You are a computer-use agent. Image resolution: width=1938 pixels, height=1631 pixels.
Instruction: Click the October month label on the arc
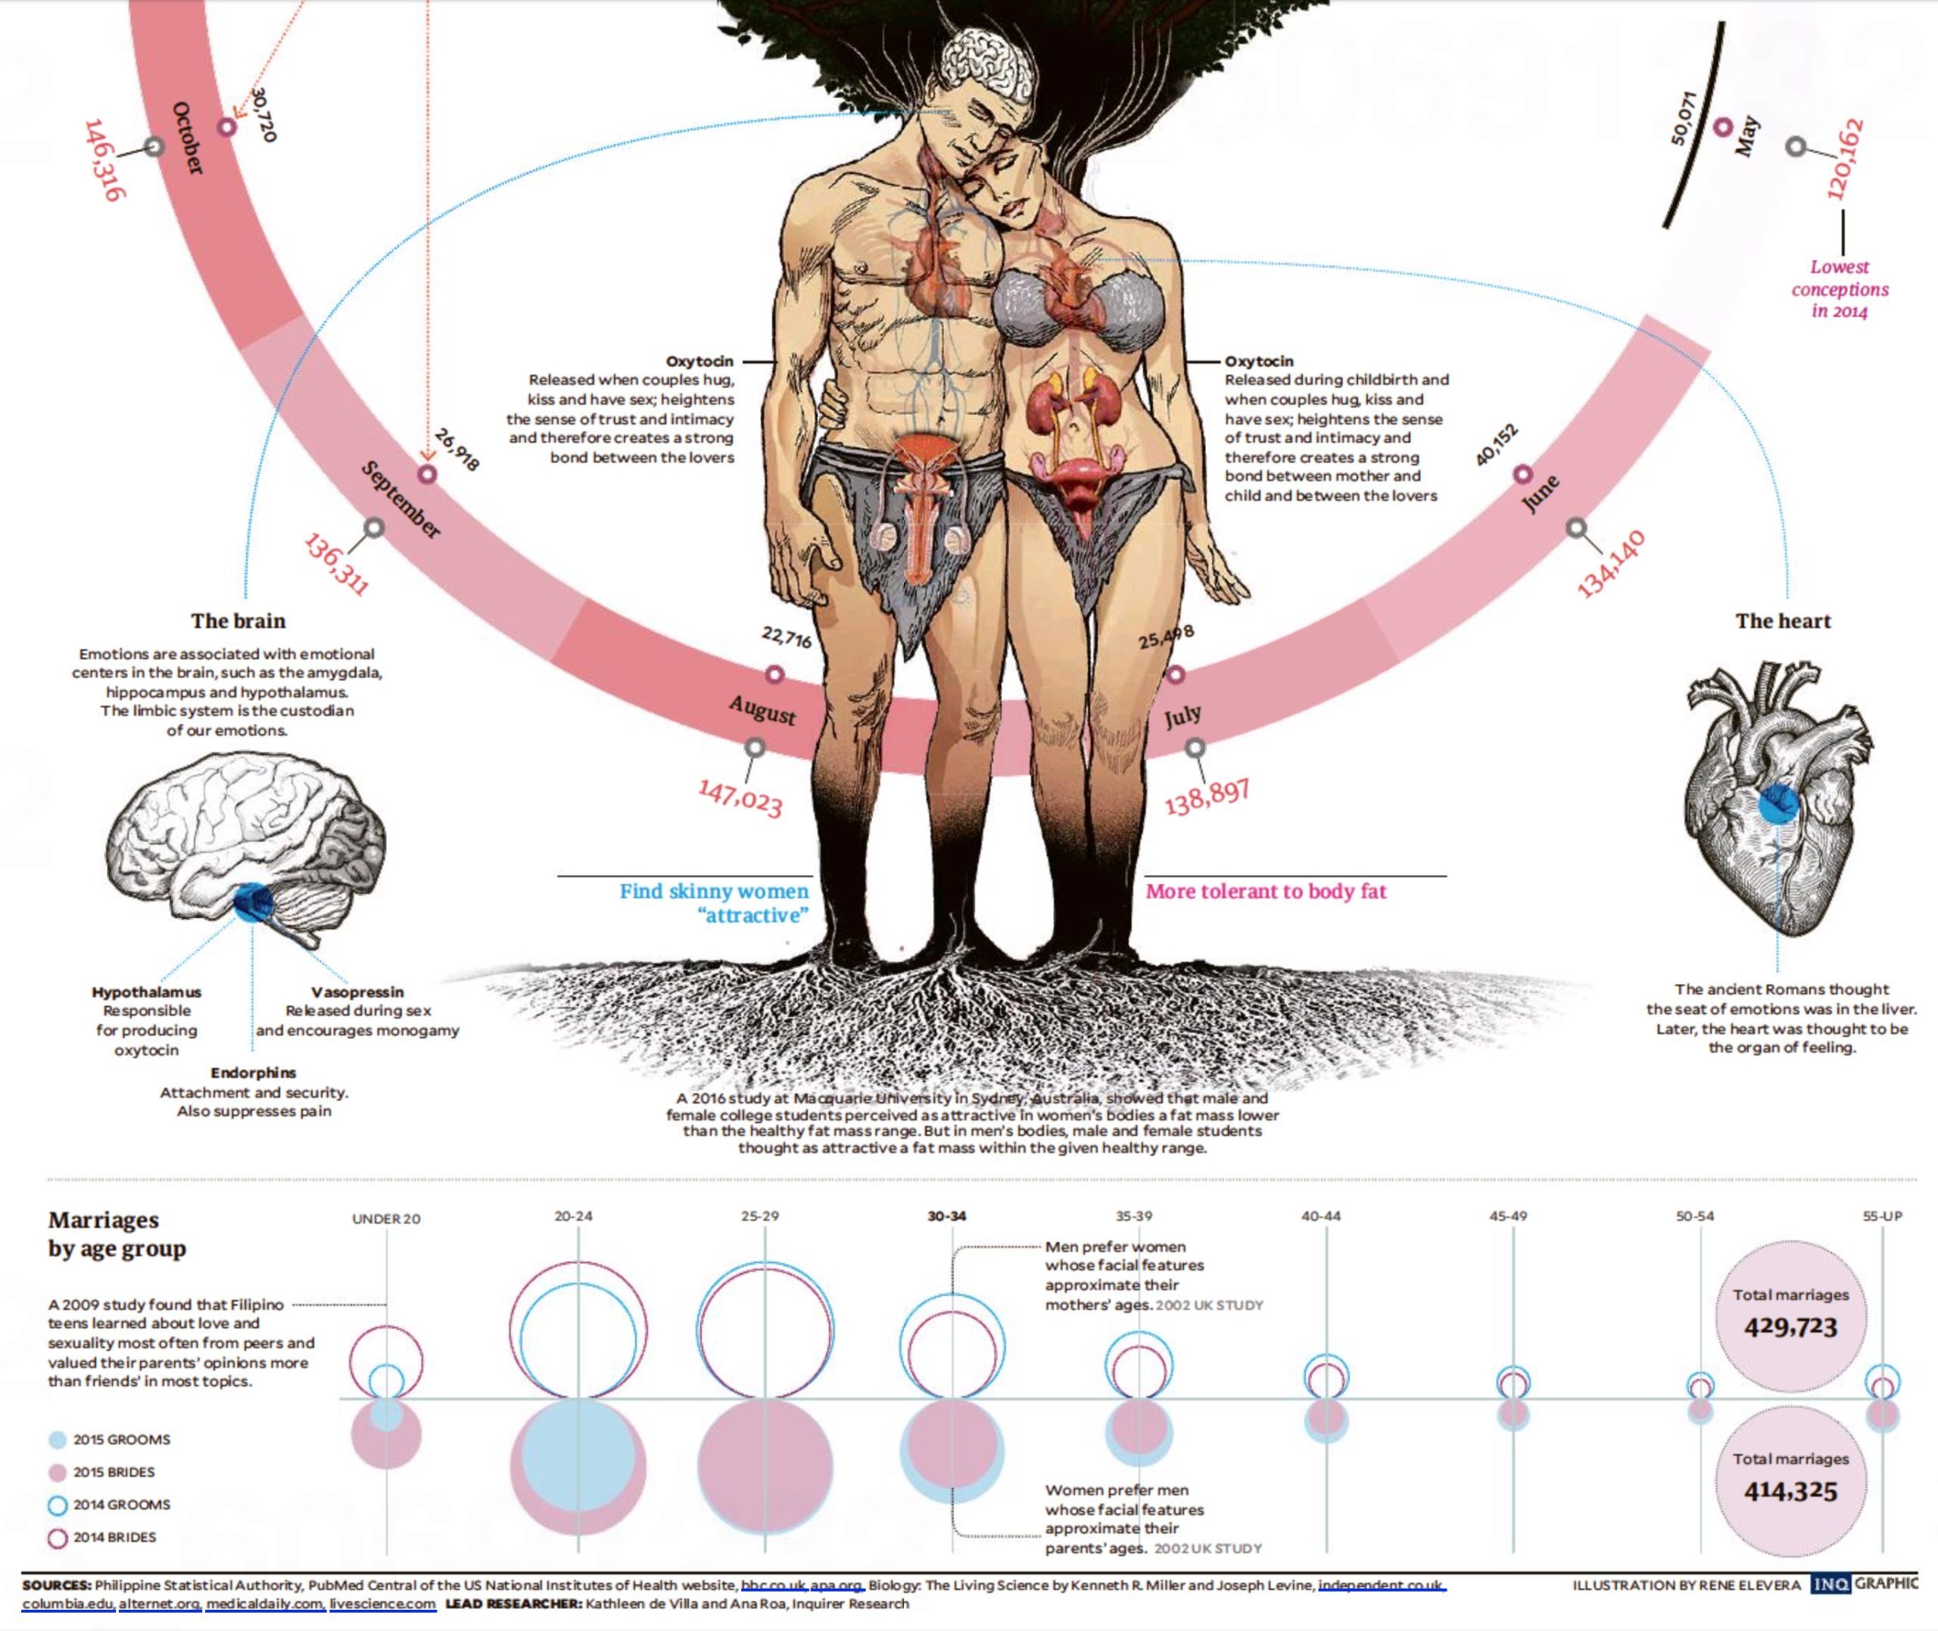tap(187, 138)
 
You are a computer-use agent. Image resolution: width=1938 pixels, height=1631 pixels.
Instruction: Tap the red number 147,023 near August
tap(740, 797)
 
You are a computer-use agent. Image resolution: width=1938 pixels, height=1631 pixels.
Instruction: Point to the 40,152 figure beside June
tap(1496, 445)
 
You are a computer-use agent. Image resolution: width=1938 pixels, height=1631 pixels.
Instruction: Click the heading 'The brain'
tap(238, 621)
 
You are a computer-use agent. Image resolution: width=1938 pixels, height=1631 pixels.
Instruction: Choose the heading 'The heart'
tap(1783, 621)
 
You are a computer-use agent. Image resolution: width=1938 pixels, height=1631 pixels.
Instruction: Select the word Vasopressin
tap(357, 992)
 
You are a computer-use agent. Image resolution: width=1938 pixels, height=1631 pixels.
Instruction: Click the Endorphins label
tap(254, 1072)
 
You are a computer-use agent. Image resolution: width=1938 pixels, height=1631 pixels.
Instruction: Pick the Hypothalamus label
tap(146, 992)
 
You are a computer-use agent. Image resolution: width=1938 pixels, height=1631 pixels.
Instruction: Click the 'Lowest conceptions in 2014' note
tap(1839, 288)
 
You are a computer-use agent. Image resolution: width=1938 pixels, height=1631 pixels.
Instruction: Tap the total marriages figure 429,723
tap(1790, 1327)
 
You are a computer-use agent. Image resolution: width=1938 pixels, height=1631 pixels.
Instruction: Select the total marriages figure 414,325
tap(1790, 1490)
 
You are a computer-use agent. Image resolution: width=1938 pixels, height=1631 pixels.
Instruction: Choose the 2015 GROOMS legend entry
tap(121, 1440)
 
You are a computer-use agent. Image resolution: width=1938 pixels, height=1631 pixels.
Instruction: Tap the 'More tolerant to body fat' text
tap(1266, 892)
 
